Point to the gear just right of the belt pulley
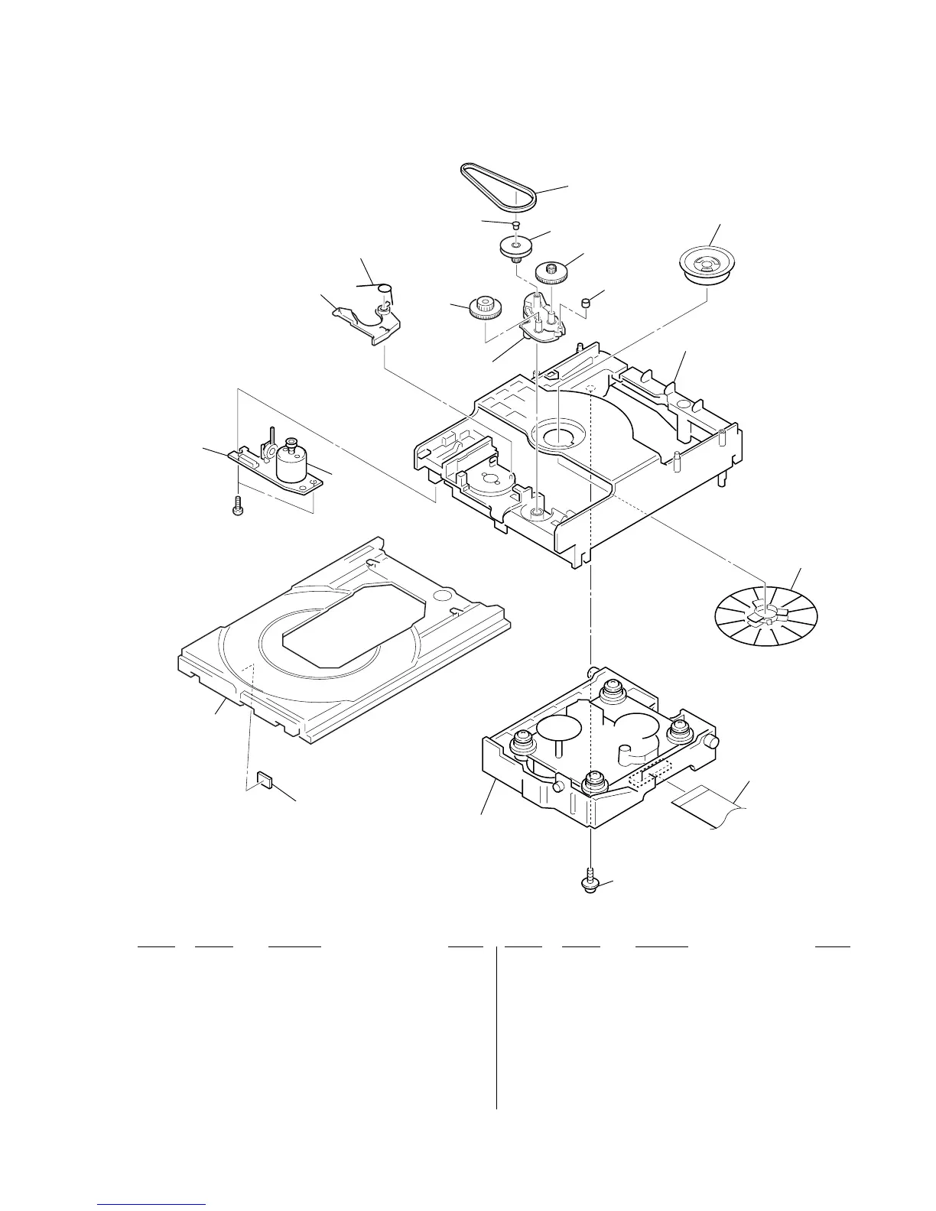coord(550,271)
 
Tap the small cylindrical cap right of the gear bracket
coord(587,304)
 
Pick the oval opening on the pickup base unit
coord(564,727)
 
